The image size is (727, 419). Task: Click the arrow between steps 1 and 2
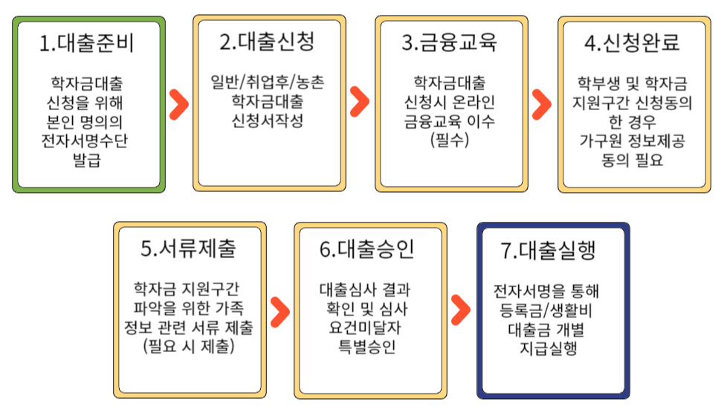(x=178, y=105)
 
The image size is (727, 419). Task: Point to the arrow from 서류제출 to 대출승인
(x=279, y=310)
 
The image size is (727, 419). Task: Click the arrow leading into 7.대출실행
(x=461, y=310)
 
